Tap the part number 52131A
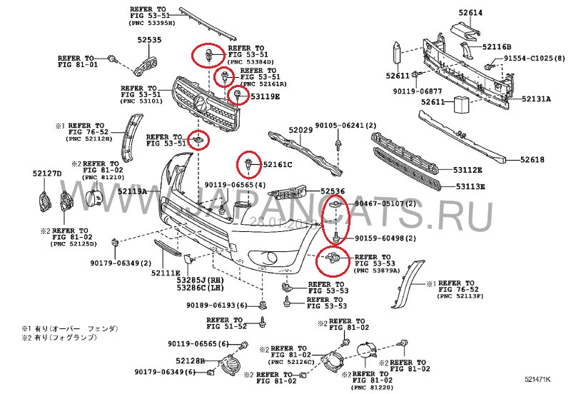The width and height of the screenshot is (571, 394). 535,99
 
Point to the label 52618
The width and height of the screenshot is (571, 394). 532,159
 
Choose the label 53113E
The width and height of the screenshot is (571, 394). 470,187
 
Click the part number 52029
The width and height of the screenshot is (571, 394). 300,130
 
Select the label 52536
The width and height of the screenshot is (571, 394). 332,191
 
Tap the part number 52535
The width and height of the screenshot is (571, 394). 150,41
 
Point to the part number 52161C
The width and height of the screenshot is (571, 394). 278,165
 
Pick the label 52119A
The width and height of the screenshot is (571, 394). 132,191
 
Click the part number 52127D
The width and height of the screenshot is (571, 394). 47,173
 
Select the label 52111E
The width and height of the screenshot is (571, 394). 166,273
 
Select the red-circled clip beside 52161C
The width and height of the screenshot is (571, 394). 248,163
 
